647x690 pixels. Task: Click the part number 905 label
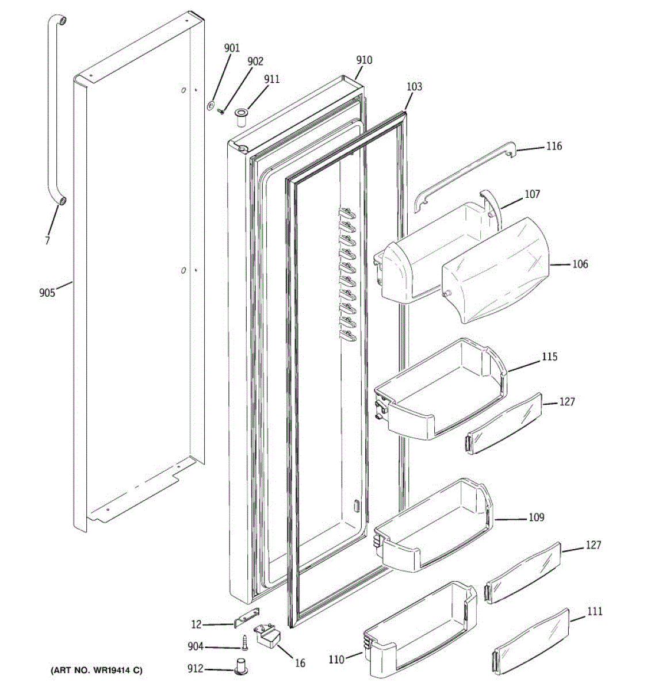47,293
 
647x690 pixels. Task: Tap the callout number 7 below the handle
48,240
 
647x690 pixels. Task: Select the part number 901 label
232,48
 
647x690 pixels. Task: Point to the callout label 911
271,79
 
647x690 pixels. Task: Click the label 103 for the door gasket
414,87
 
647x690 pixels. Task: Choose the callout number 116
554,146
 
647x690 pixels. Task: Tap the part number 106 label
580,264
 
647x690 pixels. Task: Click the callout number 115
549,357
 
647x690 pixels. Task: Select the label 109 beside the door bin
536,517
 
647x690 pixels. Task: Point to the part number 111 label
595,611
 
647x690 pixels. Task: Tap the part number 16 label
300,663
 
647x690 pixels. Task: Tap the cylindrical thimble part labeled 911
240,117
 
